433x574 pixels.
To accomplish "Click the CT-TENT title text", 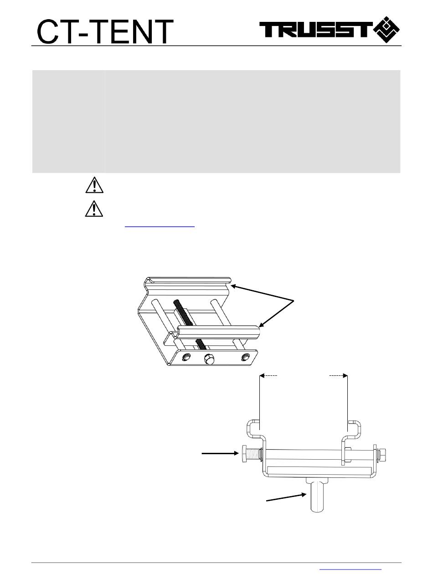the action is [x=105, y=31].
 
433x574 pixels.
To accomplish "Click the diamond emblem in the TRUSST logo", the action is [x=387, y=30].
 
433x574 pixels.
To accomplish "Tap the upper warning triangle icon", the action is [x=94, y=185].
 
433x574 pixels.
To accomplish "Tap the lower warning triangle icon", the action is [x=94, y=209].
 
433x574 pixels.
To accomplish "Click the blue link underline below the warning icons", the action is [x=160, y=226].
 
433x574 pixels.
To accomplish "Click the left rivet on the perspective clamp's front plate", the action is [x=186, y=357].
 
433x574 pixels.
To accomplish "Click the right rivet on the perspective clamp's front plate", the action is [x=245, y=356].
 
